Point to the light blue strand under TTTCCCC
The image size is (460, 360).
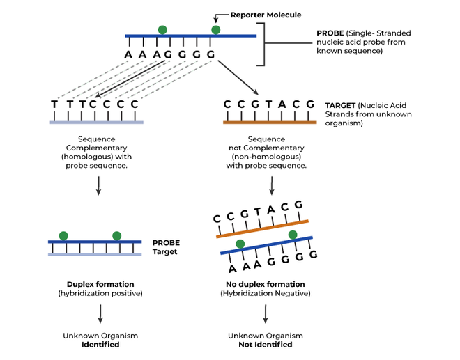[x=97, y=122]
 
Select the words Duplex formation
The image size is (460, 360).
[x=100, y=284]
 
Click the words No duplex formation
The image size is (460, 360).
[x=266, y=284]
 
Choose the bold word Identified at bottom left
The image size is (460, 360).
[x=100, y=344]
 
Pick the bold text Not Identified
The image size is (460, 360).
[x=266, y=344]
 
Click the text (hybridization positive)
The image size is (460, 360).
[x=100, y=293]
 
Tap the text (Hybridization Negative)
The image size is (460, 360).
[x=266, y=293]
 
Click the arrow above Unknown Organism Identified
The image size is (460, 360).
[x=100, y=315]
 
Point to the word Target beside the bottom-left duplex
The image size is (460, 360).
[x=166, y=251]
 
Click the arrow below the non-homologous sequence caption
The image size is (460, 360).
[x=271, y=185]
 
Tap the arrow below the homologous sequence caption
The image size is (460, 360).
[x=98, y=185]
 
